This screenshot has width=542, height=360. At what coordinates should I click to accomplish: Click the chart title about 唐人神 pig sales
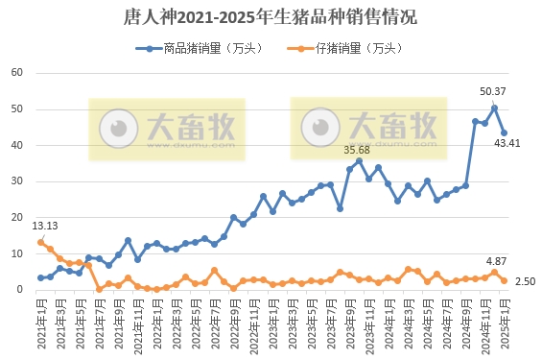271,17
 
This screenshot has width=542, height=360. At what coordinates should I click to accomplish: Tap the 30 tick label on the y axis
16,181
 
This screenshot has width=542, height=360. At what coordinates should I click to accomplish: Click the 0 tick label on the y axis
19,290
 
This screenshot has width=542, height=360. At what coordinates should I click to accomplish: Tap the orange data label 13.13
45,227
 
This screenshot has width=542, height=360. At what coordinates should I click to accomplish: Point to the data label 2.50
524,280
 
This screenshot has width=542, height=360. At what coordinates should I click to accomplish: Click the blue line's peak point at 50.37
495,108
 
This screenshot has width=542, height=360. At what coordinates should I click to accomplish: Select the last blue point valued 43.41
505,133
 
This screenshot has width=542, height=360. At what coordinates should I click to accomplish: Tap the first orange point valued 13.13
40,243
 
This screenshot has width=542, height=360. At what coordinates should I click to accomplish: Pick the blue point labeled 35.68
360,161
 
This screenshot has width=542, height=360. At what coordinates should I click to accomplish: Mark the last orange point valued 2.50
505,280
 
